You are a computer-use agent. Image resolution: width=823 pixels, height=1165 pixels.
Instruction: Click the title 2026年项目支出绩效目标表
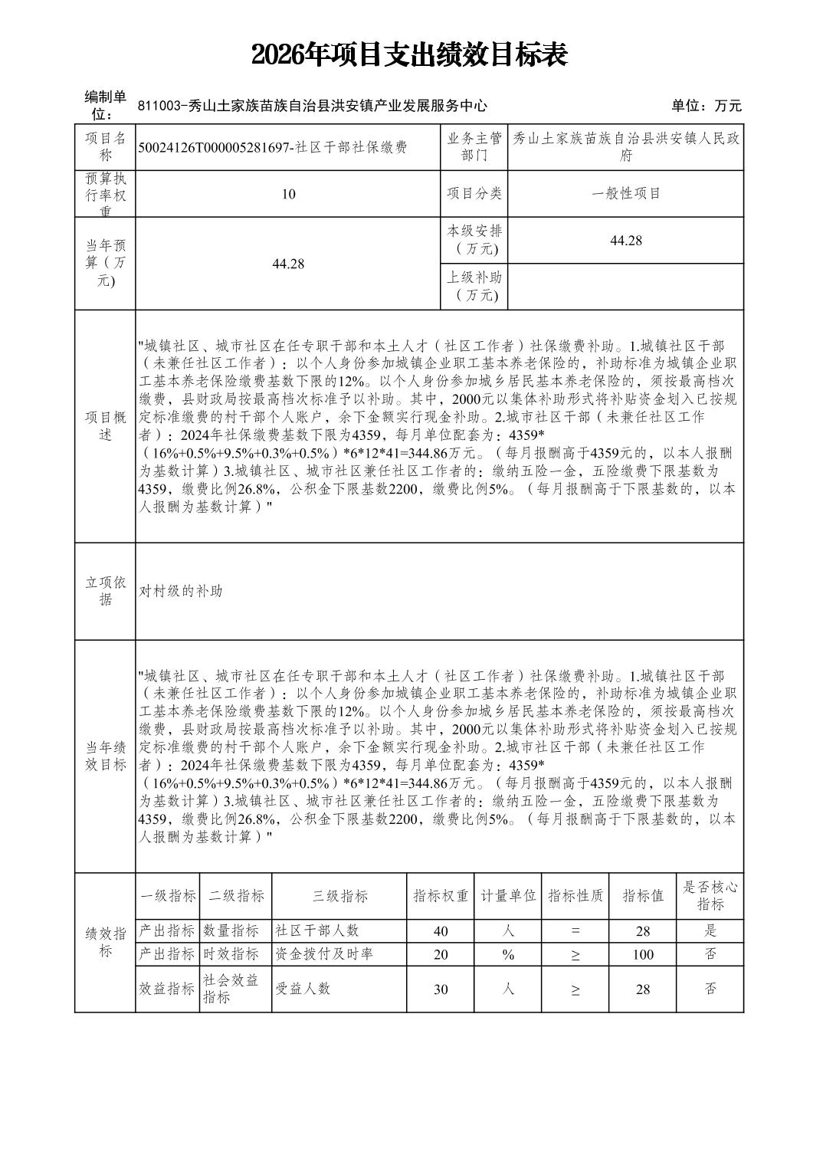(410, 55)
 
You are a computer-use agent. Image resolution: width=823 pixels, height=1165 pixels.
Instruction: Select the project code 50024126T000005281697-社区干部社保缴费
(273, 148)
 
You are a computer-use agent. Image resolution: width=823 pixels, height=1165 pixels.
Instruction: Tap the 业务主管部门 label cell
(474, 147)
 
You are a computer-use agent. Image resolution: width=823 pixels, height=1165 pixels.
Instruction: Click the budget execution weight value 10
(288, 194)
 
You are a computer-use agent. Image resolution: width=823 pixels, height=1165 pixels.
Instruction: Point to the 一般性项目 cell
(625, 194)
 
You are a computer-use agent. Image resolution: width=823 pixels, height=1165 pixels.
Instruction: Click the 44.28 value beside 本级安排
(625, 241)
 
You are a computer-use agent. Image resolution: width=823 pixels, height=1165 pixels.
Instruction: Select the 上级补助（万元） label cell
(474, 287)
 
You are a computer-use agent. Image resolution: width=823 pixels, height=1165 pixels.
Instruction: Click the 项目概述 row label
(105, 426)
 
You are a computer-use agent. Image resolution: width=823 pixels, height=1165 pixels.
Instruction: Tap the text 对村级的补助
(181, 591)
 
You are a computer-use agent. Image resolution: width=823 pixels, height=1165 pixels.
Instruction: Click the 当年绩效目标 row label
(105, 756)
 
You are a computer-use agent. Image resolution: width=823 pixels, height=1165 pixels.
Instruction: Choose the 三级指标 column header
(339, 896)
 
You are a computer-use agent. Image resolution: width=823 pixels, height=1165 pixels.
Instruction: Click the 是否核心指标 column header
(710, 896)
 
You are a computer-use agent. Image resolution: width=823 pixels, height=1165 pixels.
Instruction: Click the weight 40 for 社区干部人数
(441, 931)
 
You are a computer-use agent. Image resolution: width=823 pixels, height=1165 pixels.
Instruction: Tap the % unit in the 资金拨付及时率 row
(507, 954)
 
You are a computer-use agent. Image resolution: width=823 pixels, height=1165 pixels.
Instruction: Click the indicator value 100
(643, 955)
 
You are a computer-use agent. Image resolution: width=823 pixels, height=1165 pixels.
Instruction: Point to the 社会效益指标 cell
(231, 989)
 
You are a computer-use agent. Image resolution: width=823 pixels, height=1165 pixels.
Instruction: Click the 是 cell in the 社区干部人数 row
(710, 931)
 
